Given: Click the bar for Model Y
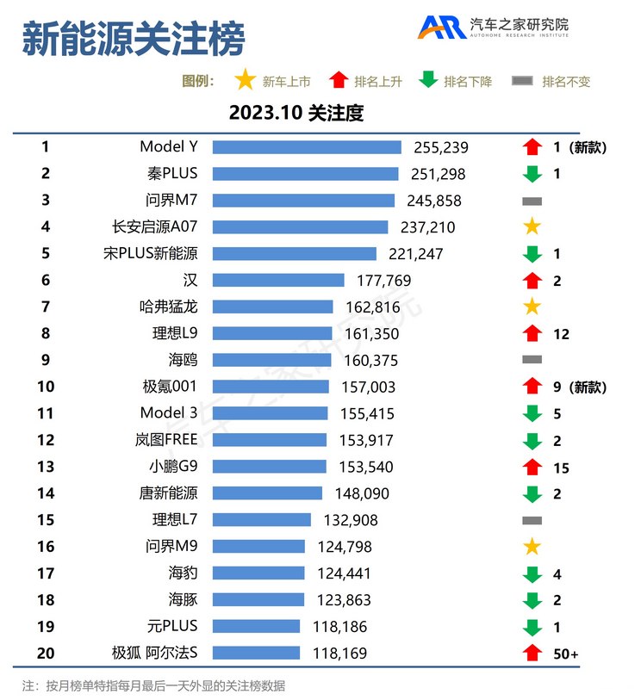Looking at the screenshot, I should tap(307, 147).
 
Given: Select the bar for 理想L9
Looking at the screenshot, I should tap(272, 333).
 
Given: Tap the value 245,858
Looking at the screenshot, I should tap(434, 201).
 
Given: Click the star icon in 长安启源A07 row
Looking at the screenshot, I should tap(532, 227).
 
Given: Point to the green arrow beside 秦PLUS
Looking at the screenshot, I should tap(532, 174).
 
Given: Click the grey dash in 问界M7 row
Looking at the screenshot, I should tap(532, 201).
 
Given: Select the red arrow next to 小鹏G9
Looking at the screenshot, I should tap(532, 467).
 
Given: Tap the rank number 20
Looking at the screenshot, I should tap(46, 653).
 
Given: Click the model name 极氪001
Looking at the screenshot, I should tap(170, 387).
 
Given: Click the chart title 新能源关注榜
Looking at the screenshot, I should tap(133, 39).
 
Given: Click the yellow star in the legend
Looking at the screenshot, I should tap(246, 81).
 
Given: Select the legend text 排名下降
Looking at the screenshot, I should tap(468, 82).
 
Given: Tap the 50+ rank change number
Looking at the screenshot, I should tap(565, 654).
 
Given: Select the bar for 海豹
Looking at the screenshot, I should tap(258, 573).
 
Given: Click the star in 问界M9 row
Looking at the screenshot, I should tap(532, 546).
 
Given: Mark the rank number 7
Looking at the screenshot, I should tap(46, 307).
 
